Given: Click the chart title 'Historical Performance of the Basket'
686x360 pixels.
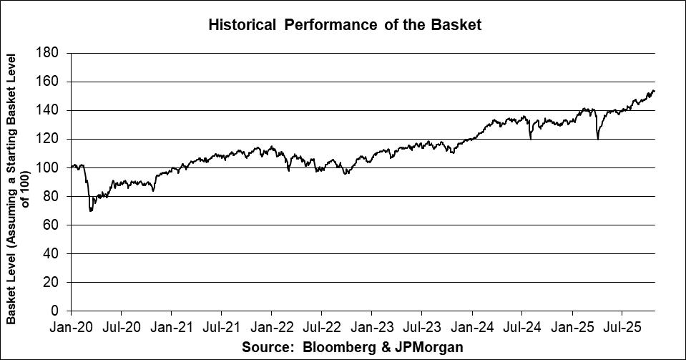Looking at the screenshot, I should point(345,25).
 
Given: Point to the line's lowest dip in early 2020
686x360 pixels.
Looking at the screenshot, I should point(91,210).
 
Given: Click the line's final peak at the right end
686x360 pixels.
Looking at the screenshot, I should point(653,91).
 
